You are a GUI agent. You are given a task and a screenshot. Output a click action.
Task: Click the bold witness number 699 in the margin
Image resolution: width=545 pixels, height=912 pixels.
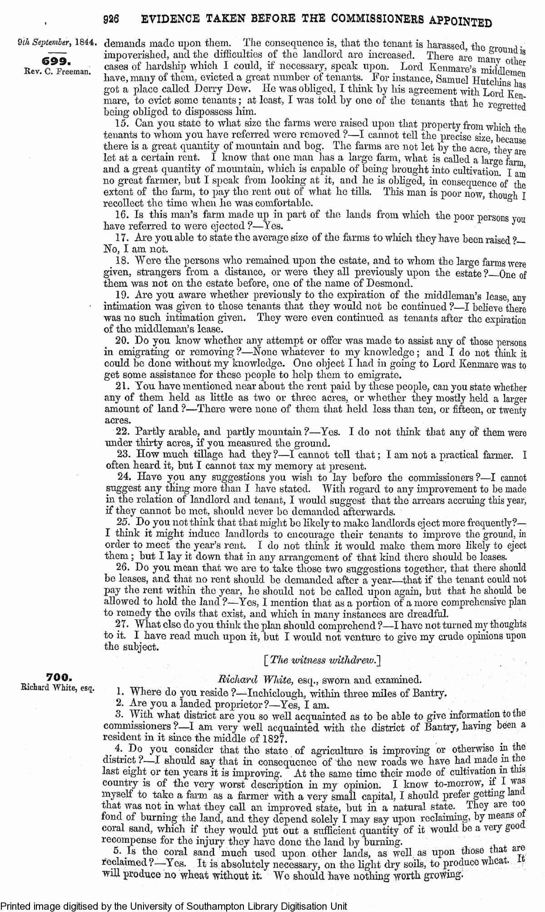click(54, 60)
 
